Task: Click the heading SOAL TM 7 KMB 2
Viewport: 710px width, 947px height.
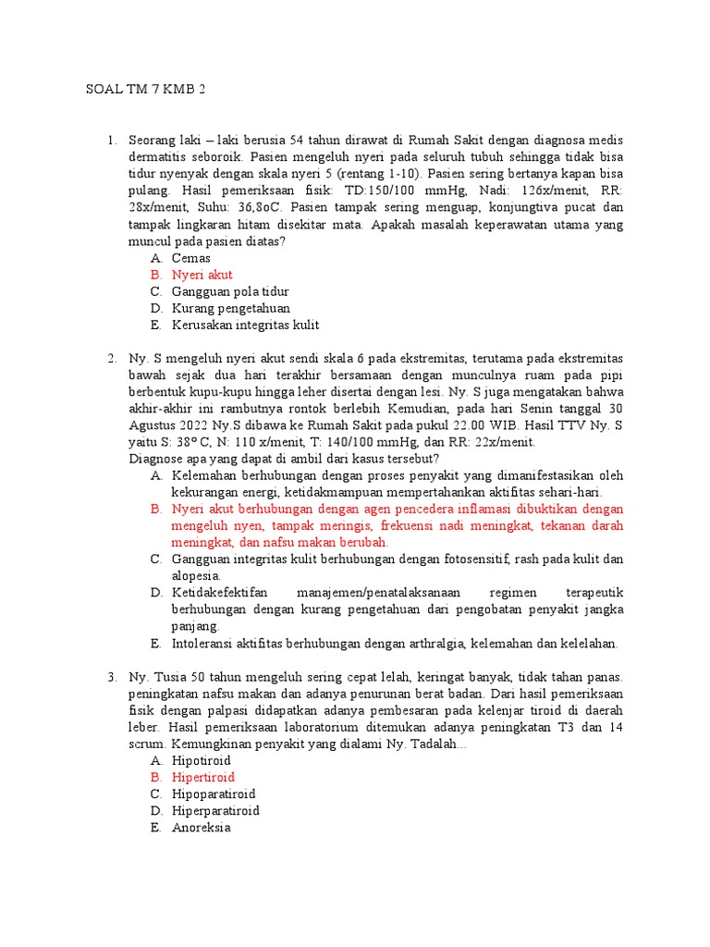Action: click(145, 90)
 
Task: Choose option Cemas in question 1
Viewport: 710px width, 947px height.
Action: click(191, 258)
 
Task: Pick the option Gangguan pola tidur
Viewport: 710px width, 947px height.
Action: click(226, 291)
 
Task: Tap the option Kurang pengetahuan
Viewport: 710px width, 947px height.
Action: click(230, 308)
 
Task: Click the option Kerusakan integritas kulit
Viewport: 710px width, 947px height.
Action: click(245, 325)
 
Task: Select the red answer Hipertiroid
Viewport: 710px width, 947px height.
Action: click(203, 777)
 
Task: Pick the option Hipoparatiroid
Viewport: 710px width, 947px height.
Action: click(214, 793)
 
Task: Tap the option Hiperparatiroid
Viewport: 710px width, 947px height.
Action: click(215, 810)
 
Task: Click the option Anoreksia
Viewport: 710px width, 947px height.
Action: click(201, 827)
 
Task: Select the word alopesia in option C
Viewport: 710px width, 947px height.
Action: click(196, 575)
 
